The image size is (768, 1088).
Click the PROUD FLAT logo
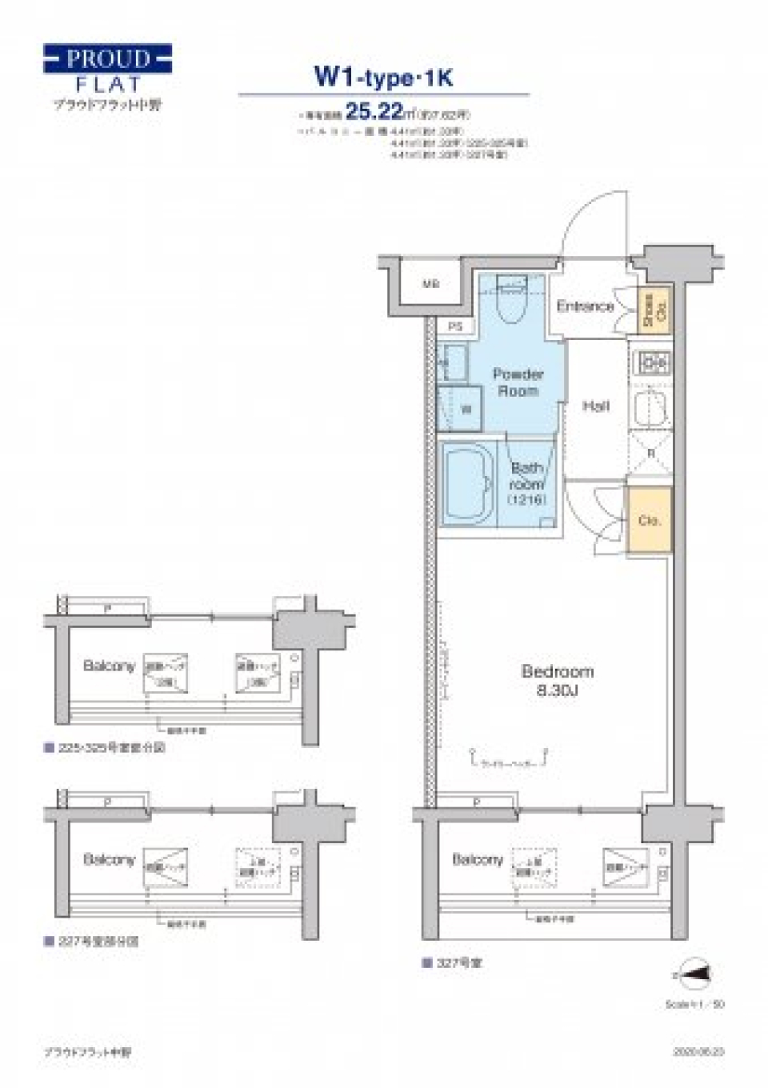(107, 70)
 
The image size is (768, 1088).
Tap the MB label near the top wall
(430, 284)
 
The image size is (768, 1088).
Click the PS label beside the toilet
(455, 326)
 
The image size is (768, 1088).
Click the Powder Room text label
(518, 382)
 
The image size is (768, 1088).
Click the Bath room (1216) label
(526, 483)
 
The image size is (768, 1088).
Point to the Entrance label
(585, 306)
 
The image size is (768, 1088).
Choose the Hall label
(595, 406)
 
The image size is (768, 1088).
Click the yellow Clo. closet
(649, 520)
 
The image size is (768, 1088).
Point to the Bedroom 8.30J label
(557, 681)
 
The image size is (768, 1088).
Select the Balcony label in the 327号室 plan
(478, 859)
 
